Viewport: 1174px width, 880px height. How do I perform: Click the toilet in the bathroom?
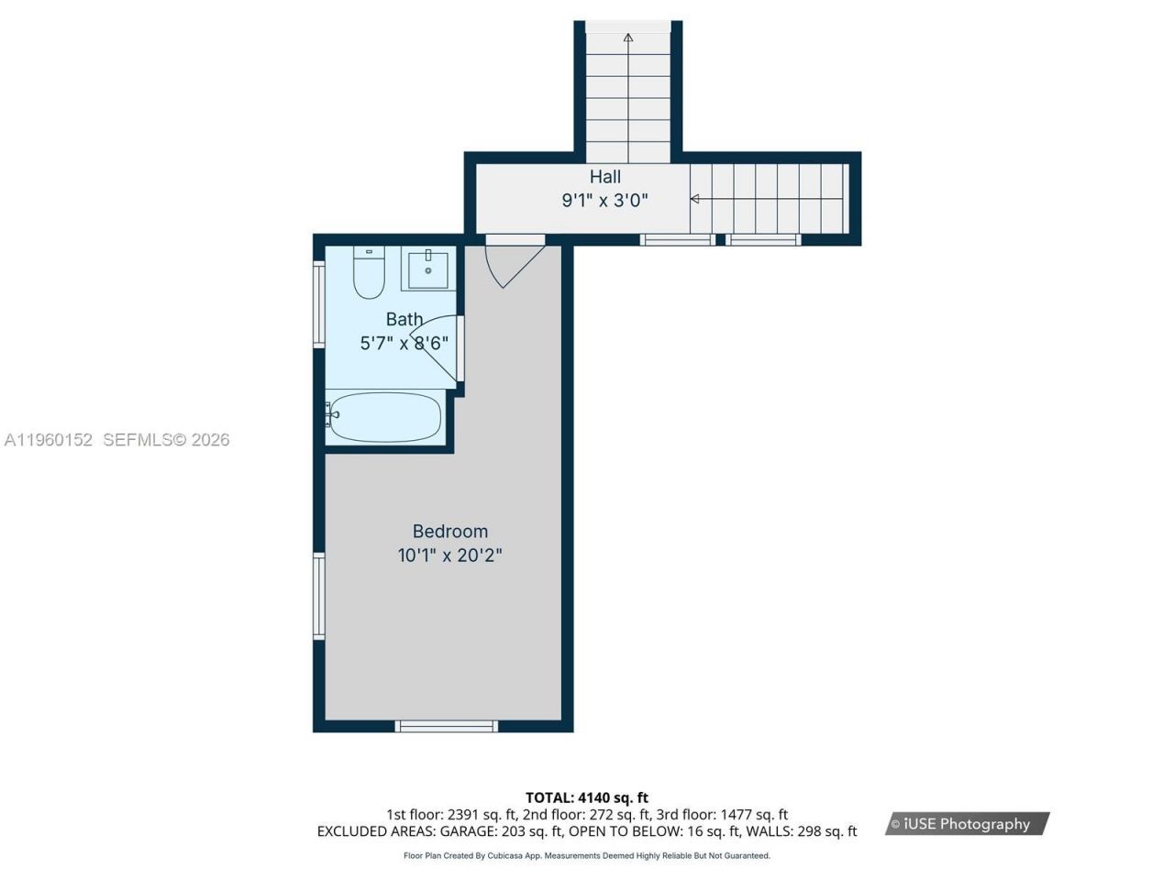click(369, 276)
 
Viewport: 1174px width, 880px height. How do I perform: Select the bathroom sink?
click(427, 269)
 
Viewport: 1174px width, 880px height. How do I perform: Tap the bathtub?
click(384, 417)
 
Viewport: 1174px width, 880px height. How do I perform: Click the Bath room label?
click(404, 319)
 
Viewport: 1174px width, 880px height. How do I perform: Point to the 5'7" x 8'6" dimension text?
click(404, 344)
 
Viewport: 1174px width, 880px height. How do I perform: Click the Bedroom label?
click(449, 531)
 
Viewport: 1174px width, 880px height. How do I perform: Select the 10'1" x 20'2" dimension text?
click(449, 555)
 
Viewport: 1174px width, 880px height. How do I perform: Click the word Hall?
click(604, 177)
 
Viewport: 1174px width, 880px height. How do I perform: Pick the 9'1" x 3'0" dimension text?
click(604, 201)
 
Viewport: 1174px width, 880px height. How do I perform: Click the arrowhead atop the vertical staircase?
click(628, 38)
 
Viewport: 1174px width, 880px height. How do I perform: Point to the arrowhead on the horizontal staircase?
click(695, 199)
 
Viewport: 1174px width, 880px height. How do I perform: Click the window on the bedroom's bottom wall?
click(447, 726)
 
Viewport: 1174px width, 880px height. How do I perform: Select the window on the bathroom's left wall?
click(319, 304)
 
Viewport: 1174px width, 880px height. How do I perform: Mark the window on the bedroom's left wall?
click(319, 596)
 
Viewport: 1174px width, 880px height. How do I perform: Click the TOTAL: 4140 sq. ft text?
click(586, 797)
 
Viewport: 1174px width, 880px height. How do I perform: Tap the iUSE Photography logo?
click(967, 824)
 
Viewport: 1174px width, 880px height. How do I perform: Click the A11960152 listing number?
click(49, 440)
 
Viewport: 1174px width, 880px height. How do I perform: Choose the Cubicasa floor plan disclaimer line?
click(586, 856)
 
